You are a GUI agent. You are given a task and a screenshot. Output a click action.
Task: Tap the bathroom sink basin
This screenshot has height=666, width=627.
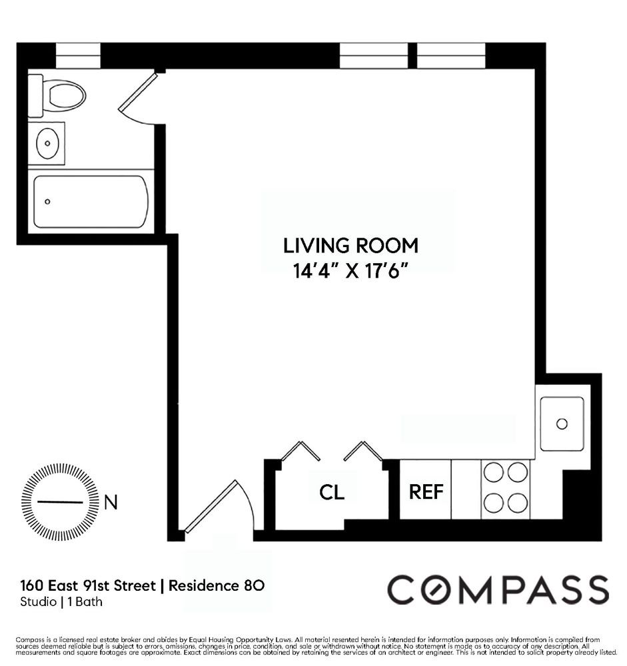pos(47,144)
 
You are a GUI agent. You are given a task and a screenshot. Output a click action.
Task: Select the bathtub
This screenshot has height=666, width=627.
pos(91,202)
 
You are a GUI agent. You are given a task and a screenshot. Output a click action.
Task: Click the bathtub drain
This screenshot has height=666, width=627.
pos(47,201)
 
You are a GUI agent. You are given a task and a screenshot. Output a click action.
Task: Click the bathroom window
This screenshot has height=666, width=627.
pos(78,55)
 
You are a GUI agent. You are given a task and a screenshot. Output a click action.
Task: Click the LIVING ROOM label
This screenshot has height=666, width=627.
pos(350,246)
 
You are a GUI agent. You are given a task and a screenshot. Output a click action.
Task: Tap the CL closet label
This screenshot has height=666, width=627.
pos(332,493)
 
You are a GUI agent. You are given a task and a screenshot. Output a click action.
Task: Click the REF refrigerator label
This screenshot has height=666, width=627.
pos(426,492)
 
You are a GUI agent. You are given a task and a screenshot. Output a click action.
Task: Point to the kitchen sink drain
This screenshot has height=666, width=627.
pos(562,424)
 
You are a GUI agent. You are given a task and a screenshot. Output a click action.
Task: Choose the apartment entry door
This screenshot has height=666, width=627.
pos(217,506)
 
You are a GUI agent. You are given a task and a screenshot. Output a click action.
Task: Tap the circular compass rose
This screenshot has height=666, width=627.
pos(60,502)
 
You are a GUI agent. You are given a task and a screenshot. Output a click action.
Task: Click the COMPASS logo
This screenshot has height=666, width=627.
pos(498,589)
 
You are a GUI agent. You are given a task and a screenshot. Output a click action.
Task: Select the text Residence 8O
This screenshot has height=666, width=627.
pos(217,585)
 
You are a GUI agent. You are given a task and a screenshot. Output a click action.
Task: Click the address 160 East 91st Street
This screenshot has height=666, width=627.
pos(88,585)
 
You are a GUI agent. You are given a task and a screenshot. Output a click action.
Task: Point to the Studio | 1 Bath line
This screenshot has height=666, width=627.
pos(61,602)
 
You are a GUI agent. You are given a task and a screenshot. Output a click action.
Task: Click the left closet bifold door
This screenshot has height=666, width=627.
pos(301,451)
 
